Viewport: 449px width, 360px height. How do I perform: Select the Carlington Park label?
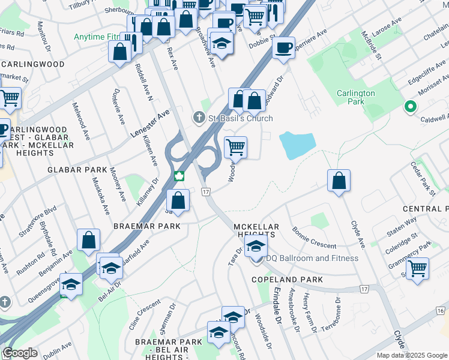coord(355,97)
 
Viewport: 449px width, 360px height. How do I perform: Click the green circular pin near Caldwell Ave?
coord(411,107)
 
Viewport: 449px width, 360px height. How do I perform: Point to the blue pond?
coord(298,145)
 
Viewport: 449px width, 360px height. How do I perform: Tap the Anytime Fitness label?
coord(97,37)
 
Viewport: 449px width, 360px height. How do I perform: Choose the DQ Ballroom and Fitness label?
coord(312,259)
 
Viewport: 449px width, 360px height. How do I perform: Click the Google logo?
coord(20,353)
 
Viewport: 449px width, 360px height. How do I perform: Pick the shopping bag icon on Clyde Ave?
coord(339,181)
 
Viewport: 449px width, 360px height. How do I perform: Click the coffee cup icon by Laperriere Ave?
coord(283,47)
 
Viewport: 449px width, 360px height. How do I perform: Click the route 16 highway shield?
coord(441,310)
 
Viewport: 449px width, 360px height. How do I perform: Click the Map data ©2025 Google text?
coord(411,355)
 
